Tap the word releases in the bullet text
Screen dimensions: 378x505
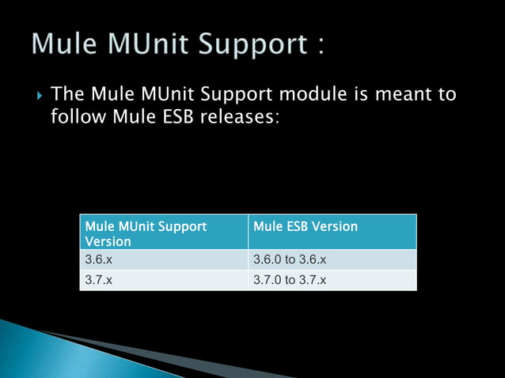233,119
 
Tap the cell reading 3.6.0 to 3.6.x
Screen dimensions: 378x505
332,260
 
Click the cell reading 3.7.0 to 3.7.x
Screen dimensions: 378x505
332,280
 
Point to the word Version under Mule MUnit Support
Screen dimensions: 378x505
104,241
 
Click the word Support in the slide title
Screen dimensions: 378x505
255,46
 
